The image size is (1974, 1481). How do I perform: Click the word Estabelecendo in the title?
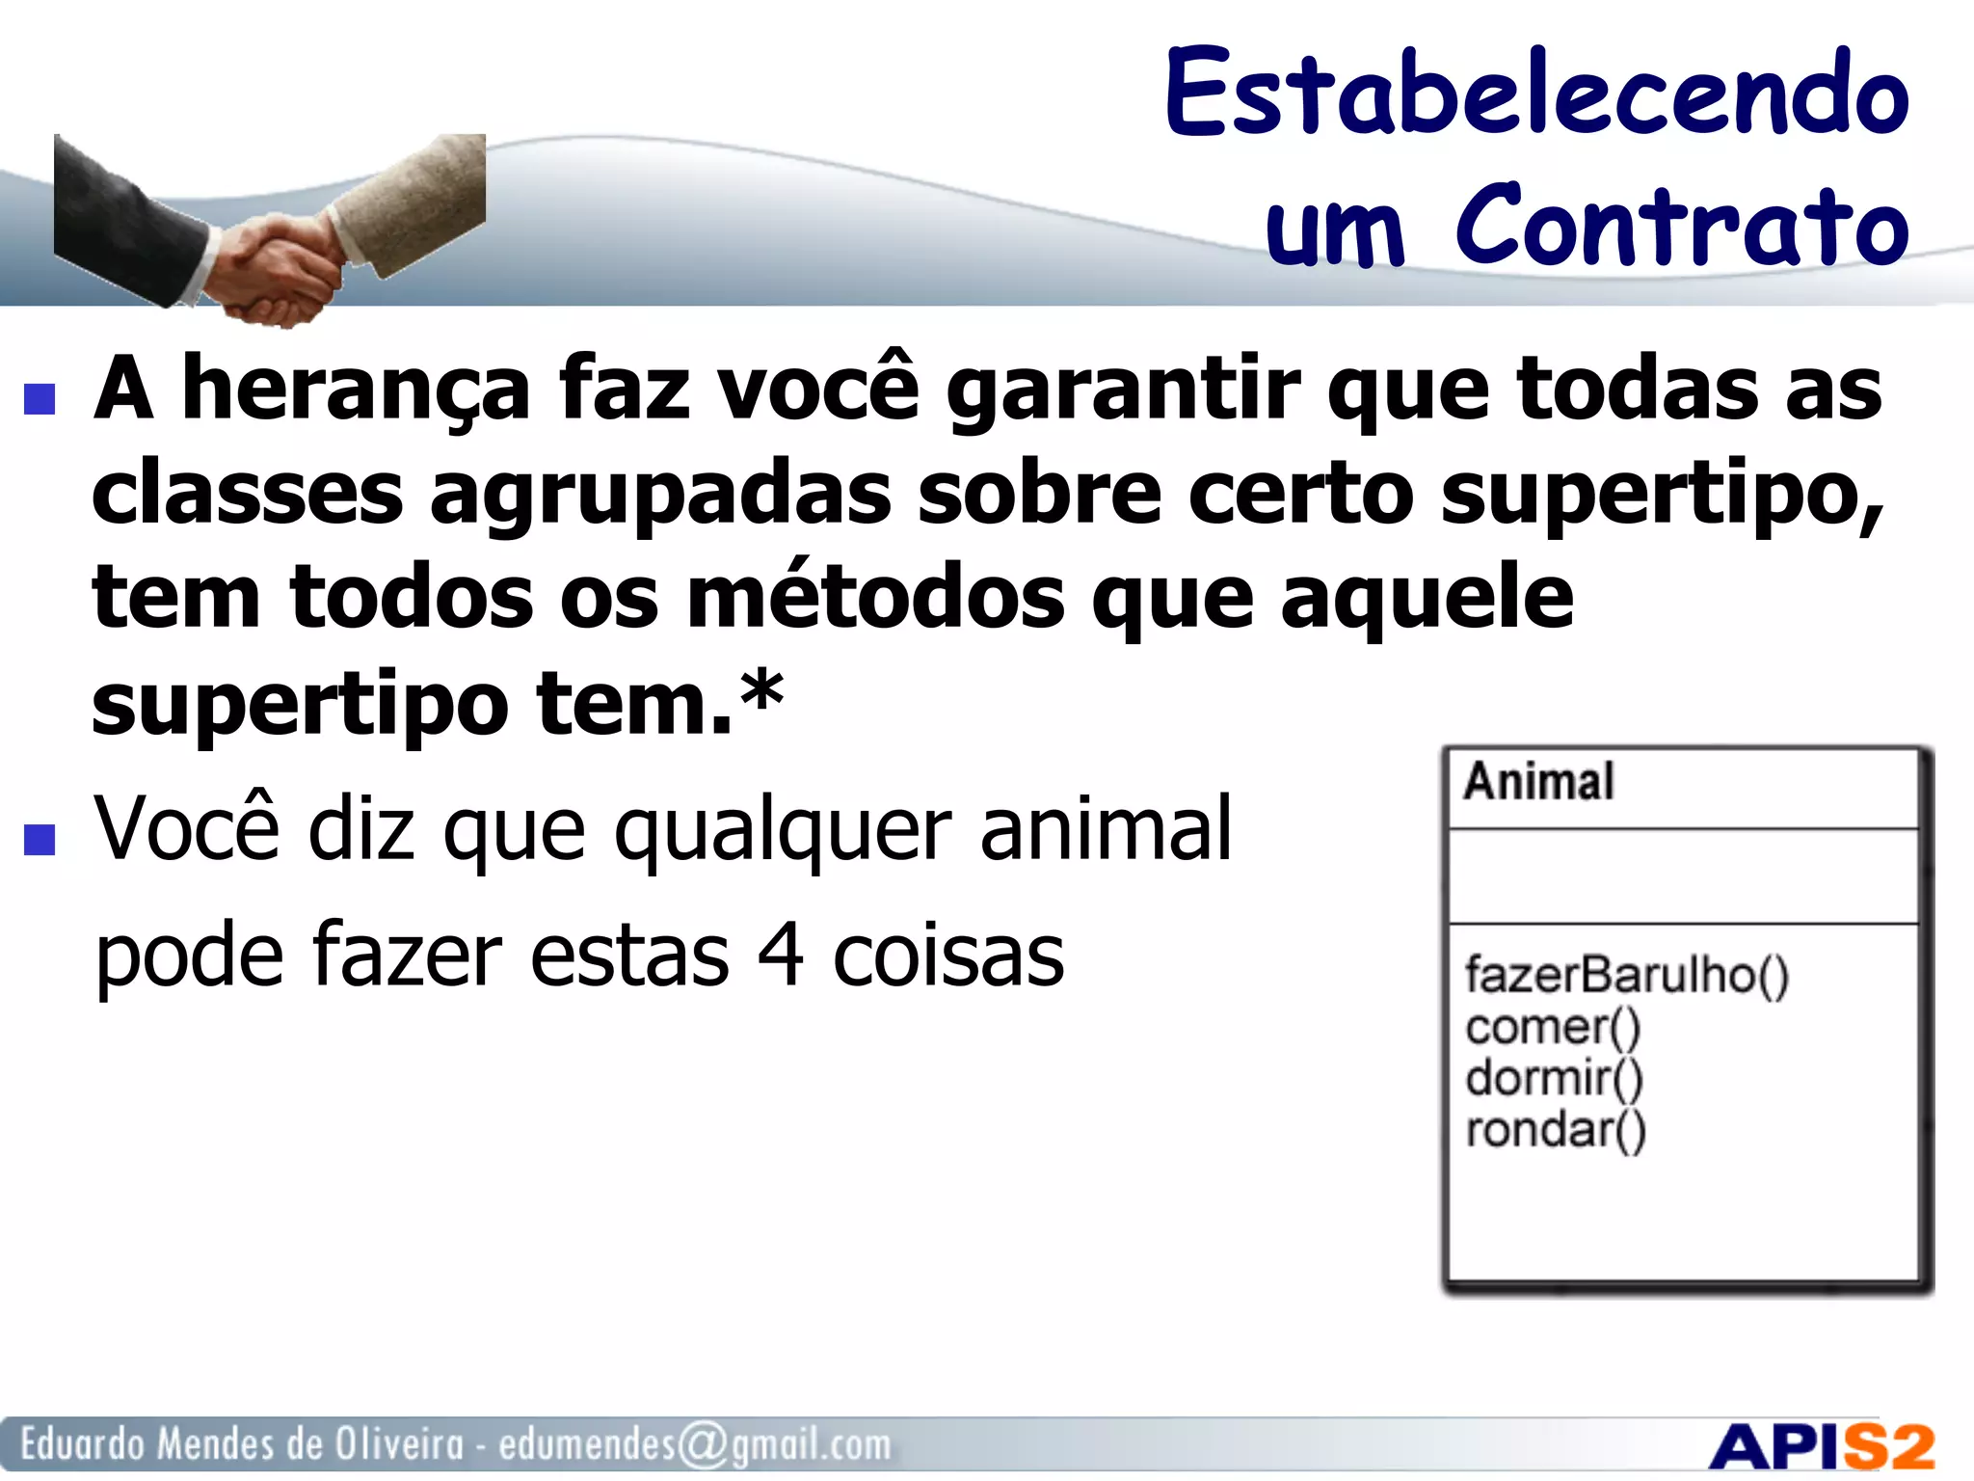(1536, 94)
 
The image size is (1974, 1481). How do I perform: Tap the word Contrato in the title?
(1682, 227)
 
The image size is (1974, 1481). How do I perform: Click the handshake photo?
(270, 231)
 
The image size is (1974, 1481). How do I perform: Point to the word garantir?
(1123, 390)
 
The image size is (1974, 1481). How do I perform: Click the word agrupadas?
(660, 494)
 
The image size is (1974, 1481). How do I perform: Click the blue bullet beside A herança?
(40, 398)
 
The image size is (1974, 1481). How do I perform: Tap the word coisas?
(948, 956)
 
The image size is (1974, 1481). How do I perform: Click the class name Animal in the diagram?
(1538, 782)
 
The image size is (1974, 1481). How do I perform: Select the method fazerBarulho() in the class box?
(1627, 975)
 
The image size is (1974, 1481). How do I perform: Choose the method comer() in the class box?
(1553, 1027)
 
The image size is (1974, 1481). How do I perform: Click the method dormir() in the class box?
(1554, 1078)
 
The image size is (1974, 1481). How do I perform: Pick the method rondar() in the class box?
(1556, 1130)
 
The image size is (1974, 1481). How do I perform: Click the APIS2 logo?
(1822, 1447)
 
